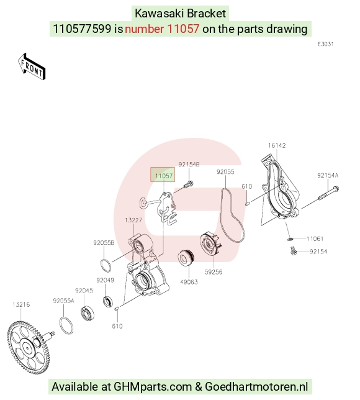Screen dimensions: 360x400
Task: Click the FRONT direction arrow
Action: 32,67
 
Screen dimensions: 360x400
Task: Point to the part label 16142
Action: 277,145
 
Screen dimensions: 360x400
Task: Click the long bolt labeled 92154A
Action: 328,193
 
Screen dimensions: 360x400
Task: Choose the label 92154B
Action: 189,165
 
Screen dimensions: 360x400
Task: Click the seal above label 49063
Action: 186,258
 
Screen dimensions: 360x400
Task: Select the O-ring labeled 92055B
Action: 106,265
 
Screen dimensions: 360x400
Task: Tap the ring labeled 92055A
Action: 66,325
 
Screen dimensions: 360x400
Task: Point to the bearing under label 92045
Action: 87,314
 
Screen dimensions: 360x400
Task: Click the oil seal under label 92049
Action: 109,301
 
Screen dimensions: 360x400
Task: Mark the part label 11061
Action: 315,239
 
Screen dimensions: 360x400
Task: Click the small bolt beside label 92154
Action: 294,250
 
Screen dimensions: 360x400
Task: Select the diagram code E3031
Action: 326,44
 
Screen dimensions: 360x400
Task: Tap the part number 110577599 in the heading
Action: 82,29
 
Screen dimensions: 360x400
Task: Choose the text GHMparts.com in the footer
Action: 153,386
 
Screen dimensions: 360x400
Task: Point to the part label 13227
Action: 133,220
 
